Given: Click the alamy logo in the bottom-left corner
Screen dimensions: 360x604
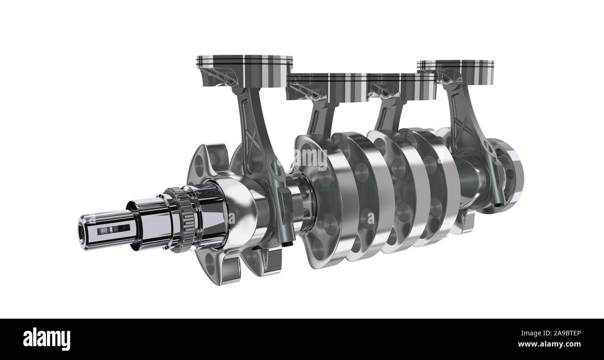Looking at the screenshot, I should coord(46,339).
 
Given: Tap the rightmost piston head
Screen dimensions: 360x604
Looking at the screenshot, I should coord(455,66).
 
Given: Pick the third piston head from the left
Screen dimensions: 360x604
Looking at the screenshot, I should coord(402,86).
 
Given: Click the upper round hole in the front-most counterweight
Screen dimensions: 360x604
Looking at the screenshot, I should coord(198,165).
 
